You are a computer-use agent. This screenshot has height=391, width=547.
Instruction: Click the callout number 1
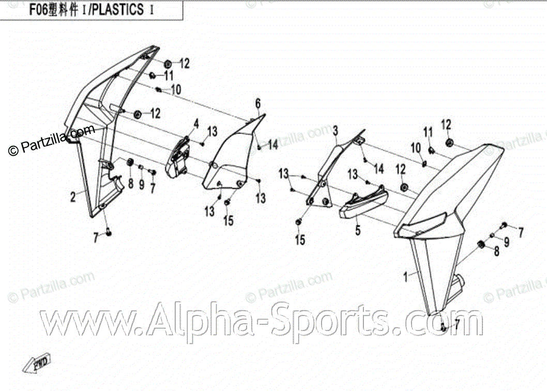pos(406,276)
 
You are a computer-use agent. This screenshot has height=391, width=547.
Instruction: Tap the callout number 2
pos(73,197)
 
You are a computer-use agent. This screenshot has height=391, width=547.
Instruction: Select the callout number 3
pos(335,129)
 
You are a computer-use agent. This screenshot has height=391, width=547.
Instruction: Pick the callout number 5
pos(358,230)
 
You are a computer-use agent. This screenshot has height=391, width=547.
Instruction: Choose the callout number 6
pos(257,104)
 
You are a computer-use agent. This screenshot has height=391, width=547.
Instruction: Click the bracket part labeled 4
pos(178,155)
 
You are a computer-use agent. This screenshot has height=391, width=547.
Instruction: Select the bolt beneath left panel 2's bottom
pos(109,231)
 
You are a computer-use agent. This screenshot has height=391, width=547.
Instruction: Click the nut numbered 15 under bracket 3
pos(299,222)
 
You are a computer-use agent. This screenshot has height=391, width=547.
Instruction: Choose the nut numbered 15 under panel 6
pos(227,202)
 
